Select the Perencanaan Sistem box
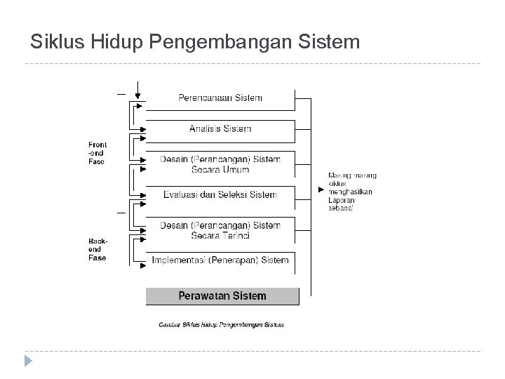[220, 98]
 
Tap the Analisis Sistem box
[220, 129]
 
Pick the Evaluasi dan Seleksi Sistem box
[220, 194]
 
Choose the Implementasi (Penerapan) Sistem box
[220, 260]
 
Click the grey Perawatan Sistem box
[222, 296]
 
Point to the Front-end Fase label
[97, 153]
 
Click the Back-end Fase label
[97, 249]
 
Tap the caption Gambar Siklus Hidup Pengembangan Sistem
[221, 325]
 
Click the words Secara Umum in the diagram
[220, 169]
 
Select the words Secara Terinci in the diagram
[220, 235]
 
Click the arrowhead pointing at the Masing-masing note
[321, 189]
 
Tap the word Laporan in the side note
[342, 200]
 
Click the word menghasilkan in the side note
[350, 192]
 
